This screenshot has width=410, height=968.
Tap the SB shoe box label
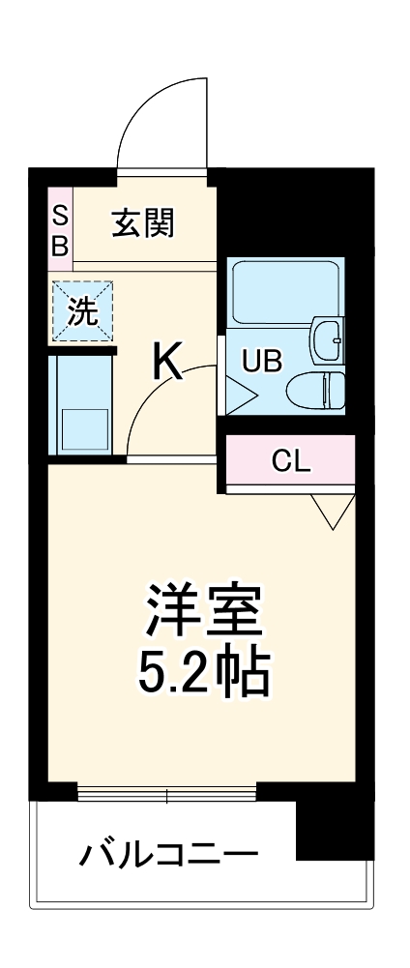[60, 229]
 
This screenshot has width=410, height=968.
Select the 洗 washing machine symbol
[82, 311]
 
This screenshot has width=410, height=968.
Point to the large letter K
[167, 365]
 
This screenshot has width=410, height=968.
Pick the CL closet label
[290, 461]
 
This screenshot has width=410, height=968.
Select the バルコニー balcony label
[169, 854]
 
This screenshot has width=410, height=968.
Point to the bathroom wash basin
[329, 338]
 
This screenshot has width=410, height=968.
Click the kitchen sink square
[85, 427]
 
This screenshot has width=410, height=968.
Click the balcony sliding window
[166, 796]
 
